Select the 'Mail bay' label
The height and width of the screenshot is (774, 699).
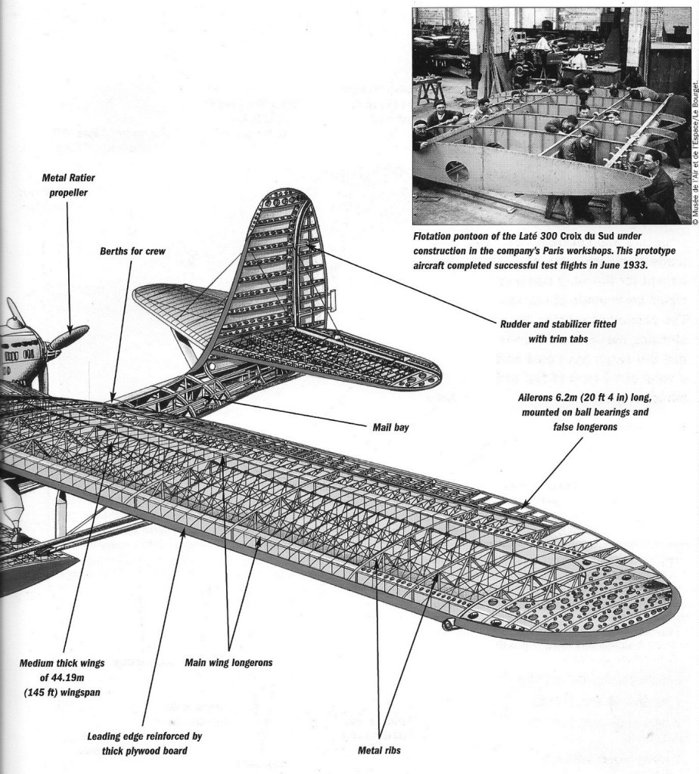390,427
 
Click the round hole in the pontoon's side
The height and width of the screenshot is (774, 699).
457,171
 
